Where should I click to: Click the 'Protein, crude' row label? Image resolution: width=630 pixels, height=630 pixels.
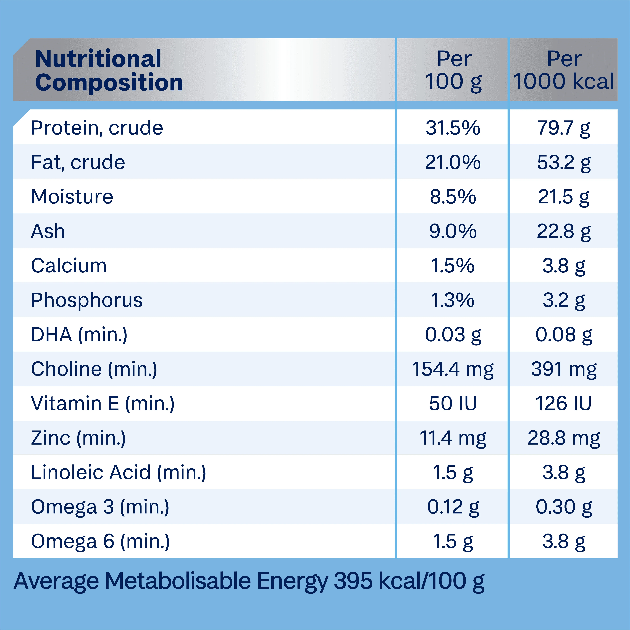tap(97, 128)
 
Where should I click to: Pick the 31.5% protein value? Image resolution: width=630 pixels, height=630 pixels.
tap(453, 128)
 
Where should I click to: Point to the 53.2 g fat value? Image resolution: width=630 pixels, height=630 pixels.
tap(563, 162)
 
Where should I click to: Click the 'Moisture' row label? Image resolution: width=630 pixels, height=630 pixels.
tap(72, 197)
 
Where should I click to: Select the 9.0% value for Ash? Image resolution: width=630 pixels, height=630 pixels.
tap(453, 232)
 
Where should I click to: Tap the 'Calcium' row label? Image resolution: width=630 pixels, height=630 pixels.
tap(69, 266)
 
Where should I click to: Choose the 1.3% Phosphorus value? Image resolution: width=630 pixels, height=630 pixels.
tap(453, 300)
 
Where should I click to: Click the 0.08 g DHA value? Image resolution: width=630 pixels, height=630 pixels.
tap(563, 335)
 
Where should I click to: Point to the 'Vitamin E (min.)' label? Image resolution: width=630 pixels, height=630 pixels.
tap(103, 404)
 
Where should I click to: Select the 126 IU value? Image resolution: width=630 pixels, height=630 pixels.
tap(563, 404)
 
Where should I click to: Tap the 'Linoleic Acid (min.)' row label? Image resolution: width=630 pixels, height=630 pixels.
tap(119, 472)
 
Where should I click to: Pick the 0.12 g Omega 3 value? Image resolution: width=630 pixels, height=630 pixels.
tap(453, 507)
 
